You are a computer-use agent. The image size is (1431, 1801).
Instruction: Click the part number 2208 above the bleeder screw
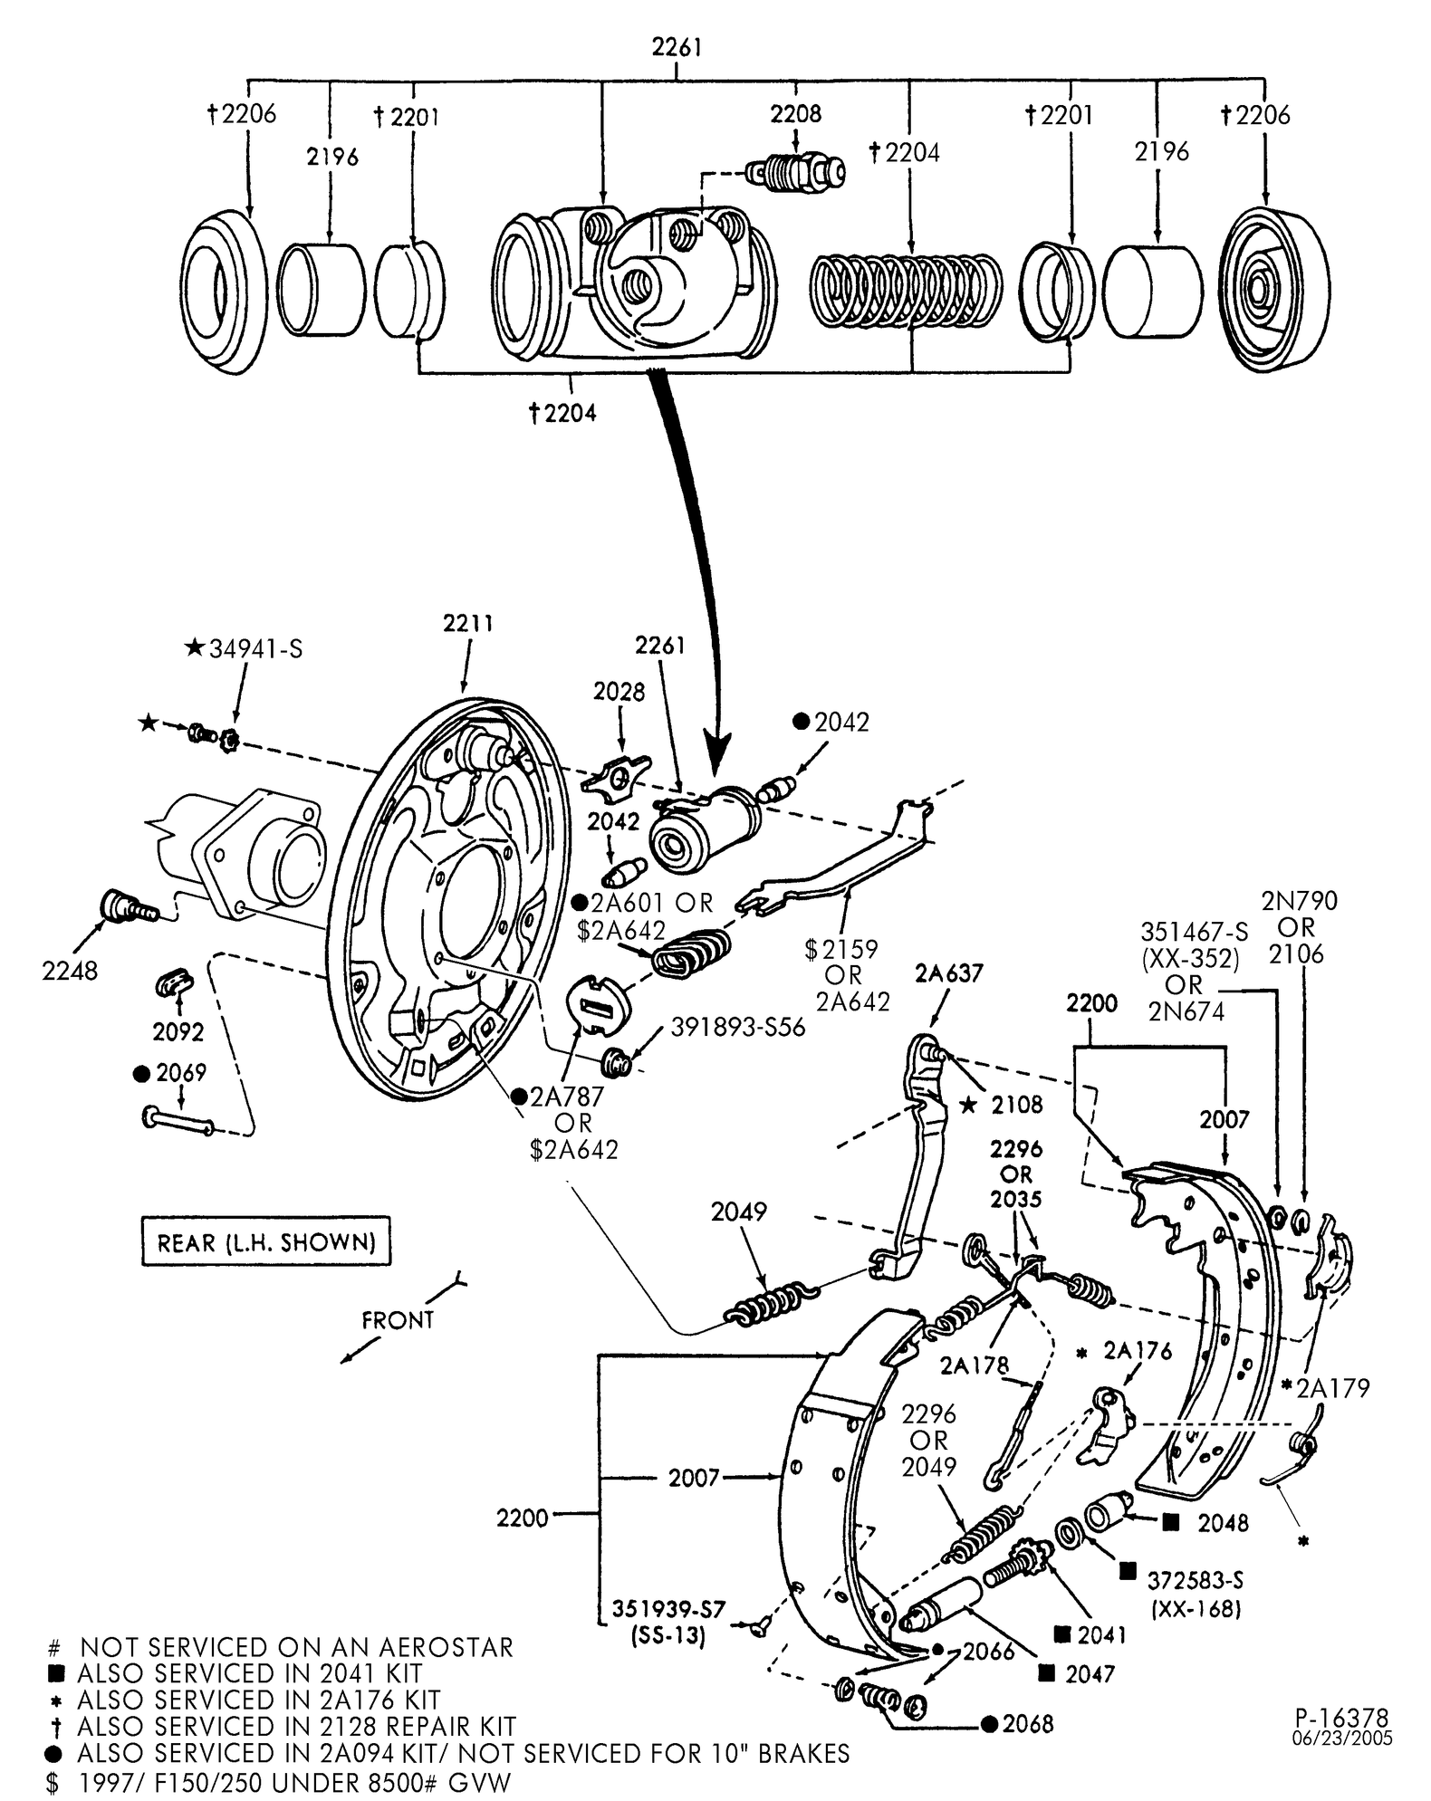tap(796, 113)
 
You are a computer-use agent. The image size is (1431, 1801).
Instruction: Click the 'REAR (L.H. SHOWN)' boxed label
tap(266, 1241)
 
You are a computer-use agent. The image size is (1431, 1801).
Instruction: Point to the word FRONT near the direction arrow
tap(398, 1320)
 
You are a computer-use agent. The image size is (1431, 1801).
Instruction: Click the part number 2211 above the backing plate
tap(468, 624)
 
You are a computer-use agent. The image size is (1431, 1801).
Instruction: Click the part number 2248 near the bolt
tap(69, 971)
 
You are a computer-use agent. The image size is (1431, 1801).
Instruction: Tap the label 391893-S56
tap(737, 1028)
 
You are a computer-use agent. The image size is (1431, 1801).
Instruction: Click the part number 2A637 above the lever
tap(948, 973)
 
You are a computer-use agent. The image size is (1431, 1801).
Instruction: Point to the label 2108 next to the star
tap(1016, 1105)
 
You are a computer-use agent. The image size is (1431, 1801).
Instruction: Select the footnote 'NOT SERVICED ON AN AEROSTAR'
tap(296, 1647)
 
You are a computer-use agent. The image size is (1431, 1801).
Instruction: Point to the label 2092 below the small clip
tap(178, 1031)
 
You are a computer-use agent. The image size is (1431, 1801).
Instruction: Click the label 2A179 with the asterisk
tap(1332, 1388)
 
